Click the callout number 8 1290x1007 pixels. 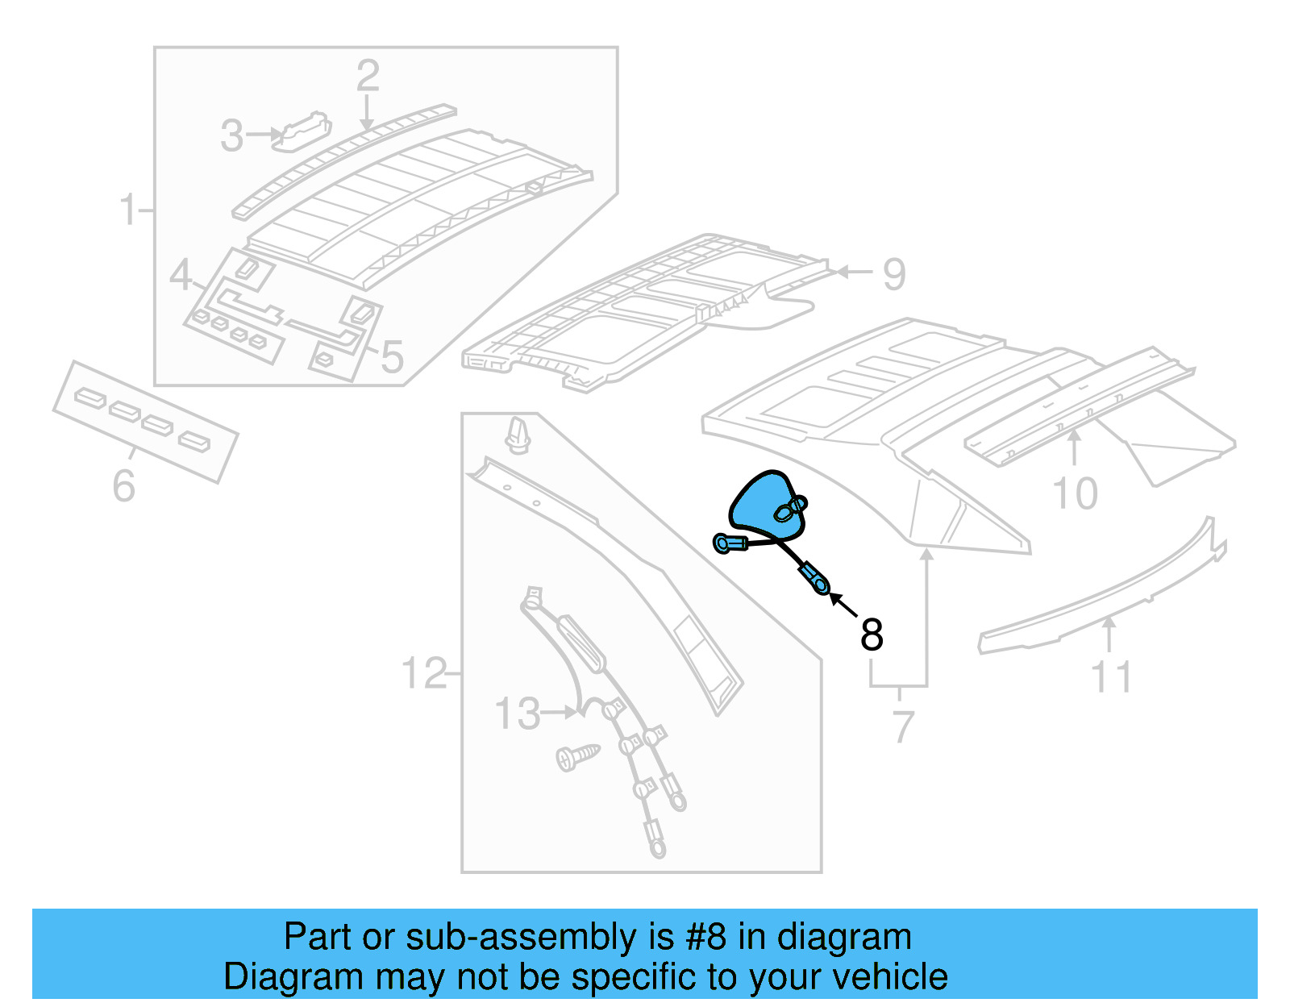872,635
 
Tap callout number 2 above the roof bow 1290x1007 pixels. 368,77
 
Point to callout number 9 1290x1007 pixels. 893,274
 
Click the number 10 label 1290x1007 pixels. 1075,493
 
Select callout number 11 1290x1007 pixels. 1111,677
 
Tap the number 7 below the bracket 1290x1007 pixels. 903,727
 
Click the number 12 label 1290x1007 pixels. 423,673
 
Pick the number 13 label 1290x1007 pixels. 517,714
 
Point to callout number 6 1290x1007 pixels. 123,486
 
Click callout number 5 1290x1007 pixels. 392,357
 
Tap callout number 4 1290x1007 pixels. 180,276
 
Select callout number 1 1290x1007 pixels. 128,210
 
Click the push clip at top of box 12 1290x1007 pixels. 516,435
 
